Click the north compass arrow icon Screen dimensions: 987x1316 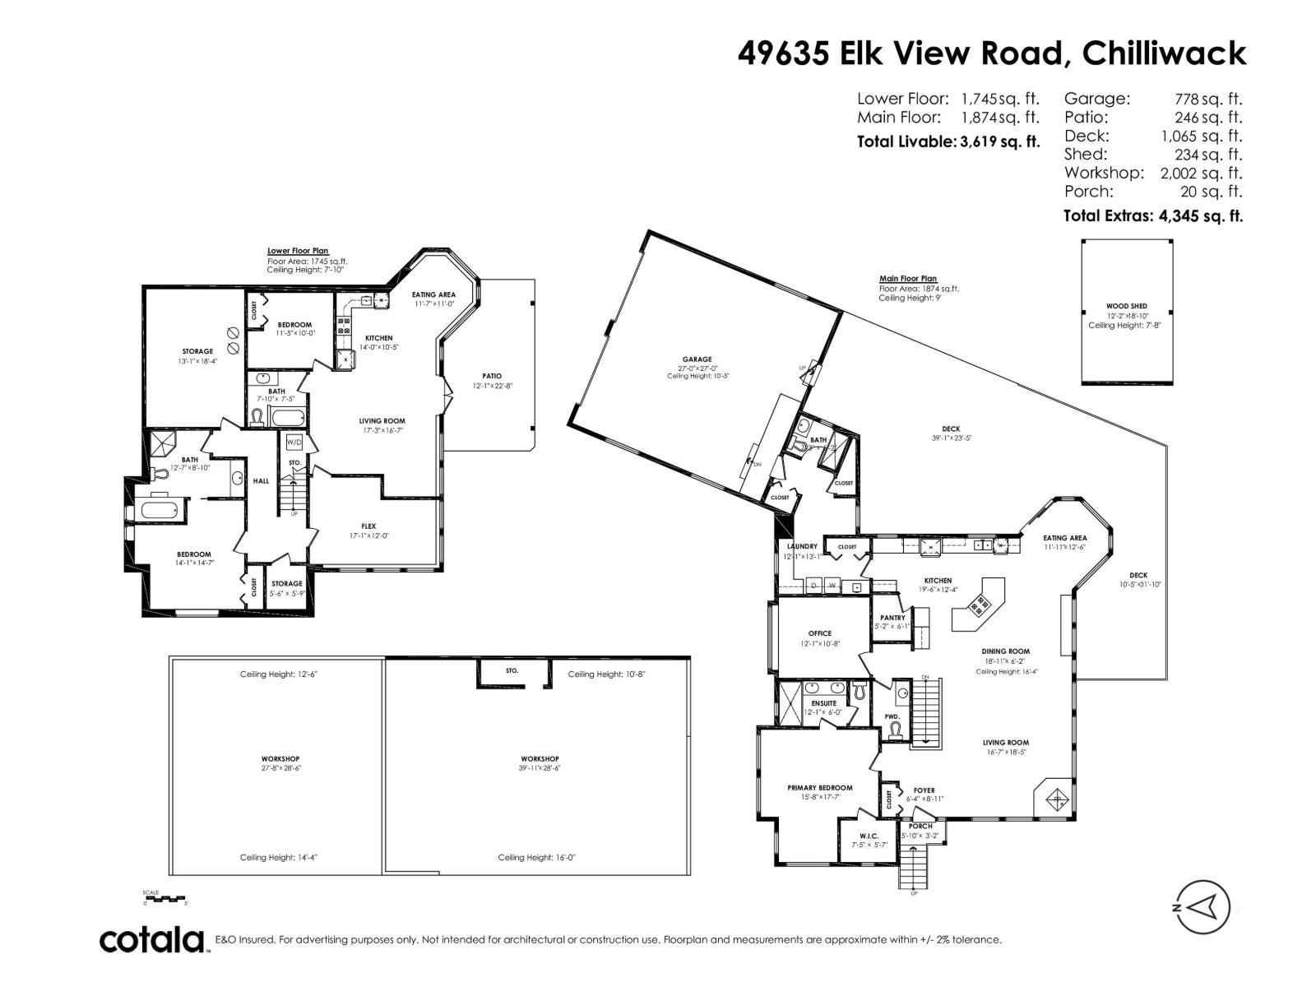(1202, 907)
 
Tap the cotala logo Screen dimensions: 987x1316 (152, 939)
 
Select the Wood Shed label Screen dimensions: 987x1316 (1126, 306)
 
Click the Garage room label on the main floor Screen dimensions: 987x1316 (696, 359)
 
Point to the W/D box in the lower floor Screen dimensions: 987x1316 (294, 442)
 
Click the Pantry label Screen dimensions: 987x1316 (892, 618)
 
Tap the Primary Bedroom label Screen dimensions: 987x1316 (819, 787)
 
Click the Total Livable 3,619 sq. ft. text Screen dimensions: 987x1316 (948, 141)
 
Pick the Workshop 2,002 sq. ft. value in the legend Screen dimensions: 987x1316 (1200, 173)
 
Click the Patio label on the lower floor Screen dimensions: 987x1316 (492, 376)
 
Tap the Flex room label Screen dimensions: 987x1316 (368, 526)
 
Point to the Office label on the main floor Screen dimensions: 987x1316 (819, 633)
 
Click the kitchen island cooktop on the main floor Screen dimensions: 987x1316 (980, 606)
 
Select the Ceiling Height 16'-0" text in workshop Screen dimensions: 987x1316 (536, 857)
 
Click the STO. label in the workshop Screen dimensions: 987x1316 (512, 670)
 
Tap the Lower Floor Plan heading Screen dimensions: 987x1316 (297, 251)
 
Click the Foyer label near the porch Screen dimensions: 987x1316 (924, 790)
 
